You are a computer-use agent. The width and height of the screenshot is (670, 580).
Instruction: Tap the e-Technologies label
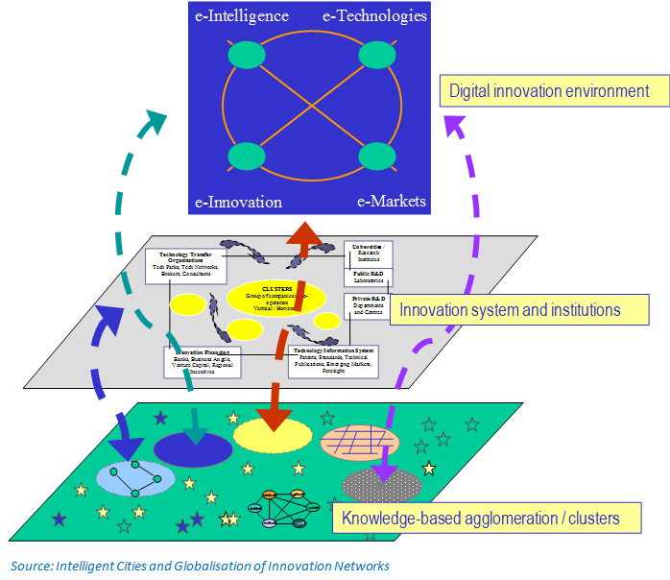[x=374, y=15]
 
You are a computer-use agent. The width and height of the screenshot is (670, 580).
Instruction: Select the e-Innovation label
[x=238, y=202]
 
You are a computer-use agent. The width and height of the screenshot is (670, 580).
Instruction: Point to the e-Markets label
[x=392, y=202]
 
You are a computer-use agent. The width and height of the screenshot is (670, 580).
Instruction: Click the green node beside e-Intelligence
[x=247, y=56]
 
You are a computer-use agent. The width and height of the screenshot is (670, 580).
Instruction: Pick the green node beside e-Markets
[x=376, y=156]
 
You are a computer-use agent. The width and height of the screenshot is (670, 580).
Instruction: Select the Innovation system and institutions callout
[x=519, y=309]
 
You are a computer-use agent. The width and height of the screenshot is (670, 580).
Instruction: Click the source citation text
[x=200, y=566]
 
